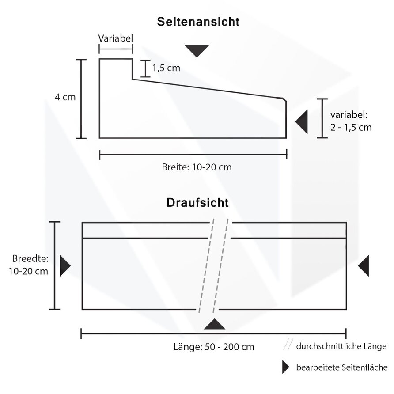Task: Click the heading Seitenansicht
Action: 198,22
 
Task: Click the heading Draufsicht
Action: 197,203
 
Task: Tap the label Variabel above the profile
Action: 115,38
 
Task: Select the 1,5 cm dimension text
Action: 166,68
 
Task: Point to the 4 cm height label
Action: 65,97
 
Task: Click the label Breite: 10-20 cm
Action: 197,167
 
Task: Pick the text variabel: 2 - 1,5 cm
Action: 351,121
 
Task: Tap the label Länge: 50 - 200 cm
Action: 214,346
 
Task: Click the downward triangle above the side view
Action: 197,50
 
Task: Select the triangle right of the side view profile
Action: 302,121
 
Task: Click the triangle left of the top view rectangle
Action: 64,266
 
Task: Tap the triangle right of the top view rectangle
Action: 364,266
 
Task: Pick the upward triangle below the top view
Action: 214,325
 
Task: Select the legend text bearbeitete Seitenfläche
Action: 342,367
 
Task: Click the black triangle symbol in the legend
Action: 285,367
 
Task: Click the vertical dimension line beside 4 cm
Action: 81,98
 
